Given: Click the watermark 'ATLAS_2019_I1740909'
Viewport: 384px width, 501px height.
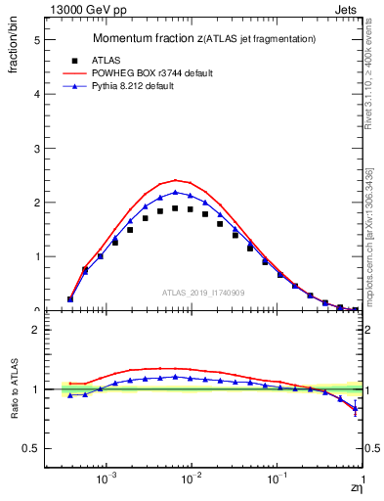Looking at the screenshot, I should (203, 293).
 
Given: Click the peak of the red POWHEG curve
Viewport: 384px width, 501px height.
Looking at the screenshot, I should (175, 180).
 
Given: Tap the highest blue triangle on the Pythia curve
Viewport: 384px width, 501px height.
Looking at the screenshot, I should (175, 192).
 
